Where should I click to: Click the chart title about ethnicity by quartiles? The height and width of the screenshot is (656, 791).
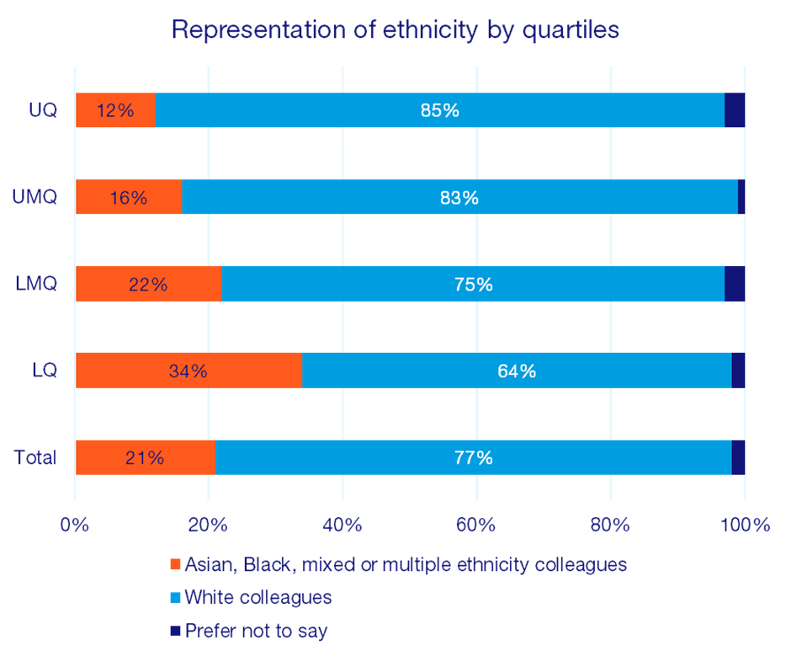(395, 30)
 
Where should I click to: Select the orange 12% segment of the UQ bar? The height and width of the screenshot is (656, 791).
(115, 110)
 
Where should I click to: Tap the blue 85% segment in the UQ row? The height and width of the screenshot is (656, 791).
(440, 110)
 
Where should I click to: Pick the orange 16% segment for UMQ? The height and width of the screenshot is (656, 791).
(128, 197)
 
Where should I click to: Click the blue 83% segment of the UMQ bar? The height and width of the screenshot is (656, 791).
(459, 197)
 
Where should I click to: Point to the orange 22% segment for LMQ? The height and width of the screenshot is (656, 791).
(148, 284)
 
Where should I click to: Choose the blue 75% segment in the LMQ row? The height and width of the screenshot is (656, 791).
(472, 284)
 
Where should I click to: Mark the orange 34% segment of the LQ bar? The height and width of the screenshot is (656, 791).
(188, 371)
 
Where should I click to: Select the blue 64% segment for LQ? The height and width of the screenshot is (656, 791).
(516, 371)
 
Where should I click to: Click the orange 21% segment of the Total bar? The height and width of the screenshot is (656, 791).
(145, 457)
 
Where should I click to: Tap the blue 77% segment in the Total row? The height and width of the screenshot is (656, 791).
(473, 457)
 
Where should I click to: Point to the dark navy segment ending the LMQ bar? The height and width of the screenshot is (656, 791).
(735, 284)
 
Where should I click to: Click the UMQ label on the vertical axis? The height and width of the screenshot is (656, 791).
(35, 197)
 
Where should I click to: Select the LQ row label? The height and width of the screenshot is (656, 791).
(45, 370)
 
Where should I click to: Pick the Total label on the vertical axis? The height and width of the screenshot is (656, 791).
(35, 457)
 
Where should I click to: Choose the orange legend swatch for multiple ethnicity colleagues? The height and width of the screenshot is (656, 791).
(175, 564)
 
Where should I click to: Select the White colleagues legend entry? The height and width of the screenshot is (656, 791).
(257, 598)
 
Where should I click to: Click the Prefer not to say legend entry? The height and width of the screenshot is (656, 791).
(256, 631)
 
